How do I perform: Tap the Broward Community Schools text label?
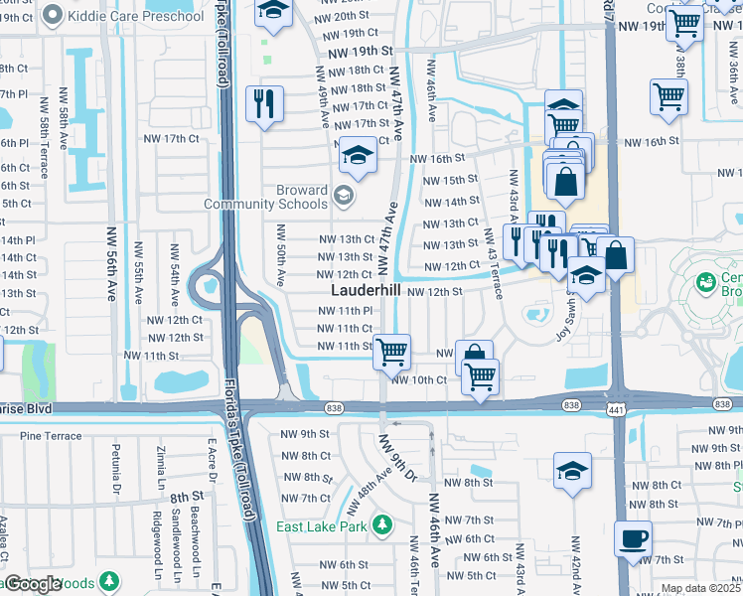pyautogui.click(x=265, y=197)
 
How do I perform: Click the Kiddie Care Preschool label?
pyautogui.click(x=137, y=17)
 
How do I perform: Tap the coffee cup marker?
pyautogui.click(x=634, y=539)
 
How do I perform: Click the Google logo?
pyautogui.click(x=32, y=584)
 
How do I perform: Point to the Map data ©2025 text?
pyautogui.click(x=700, y=588)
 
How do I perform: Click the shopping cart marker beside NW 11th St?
pyautogui.click(x=392, y=351)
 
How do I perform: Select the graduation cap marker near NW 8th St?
pyautogui.click(x=572, y=470)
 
